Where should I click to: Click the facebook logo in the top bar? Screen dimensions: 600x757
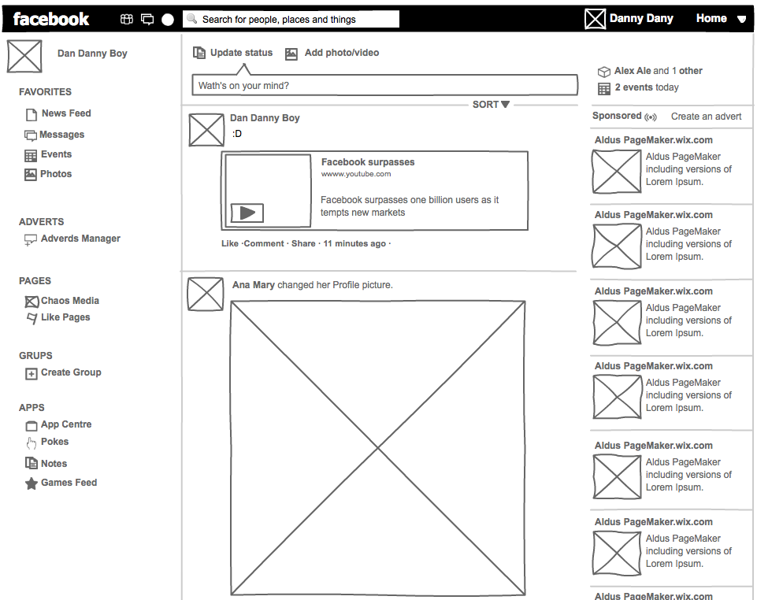tap(51, 19)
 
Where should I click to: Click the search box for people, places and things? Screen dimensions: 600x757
tap(291, 19)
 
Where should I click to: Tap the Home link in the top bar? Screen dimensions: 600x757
tap(711, 18)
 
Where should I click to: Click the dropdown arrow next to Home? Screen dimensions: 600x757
tap(741, 19)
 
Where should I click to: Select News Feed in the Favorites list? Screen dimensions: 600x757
tap(65, 113)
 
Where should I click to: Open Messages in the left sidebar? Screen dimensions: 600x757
tap(61, 135)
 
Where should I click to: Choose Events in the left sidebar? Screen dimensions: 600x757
tap(56, 154)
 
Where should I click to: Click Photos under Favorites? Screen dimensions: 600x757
tap(56, 174)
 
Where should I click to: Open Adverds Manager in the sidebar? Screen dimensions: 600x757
tap(80, 239)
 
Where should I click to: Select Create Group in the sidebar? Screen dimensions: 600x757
tap(71, 372)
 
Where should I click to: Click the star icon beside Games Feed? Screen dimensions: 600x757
tap(32, 483)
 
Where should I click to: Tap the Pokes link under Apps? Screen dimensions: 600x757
tap(54, 442)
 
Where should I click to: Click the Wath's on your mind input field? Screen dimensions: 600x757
tap(384, 86)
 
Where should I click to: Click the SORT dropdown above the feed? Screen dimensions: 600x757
tap(491, 104)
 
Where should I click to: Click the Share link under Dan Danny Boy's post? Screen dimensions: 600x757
tap(303, 244)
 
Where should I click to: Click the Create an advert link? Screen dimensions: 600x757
tap(706, 117)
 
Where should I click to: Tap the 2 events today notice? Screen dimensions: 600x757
tap(646, 87)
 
